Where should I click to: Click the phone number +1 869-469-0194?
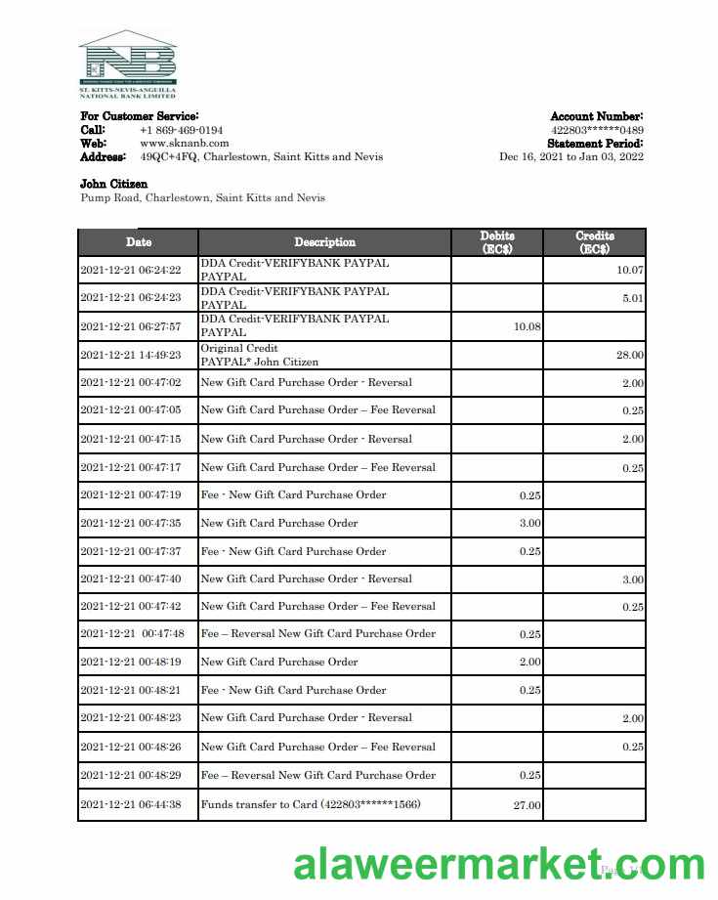click(x=181, y=130)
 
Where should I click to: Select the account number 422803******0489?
click(x=597, y=130)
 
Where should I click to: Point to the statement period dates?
click(x=570, y=156)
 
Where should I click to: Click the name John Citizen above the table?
click(x=113, y=184)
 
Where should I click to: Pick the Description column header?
click(x=324, y=242)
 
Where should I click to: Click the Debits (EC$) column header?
click(x=497, y=242)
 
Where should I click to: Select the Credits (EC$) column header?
click(x=594, y=242)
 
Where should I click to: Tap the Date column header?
click(x=138, y=242)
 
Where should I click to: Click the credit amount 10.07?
click(x=630, y=270)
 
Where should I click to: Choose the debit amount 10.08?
click(x=527, y=326)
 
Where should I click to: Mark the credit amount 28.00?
click(x=630, y=355)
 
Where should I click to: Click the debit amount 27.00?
click(x=528, y=806)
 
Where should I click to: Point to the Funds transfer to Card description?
click(x=312, y=805)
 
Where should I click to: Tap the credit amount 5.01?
click(x=632, y=298)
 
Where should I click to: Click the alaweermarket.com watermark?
click(x=498, y=865)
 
